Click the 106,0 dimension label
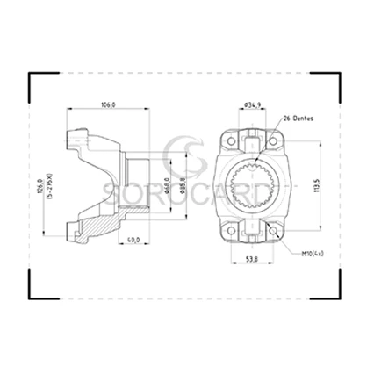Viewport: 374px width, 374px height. click(109, 104)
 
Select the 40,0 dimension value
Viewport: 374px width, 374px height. click(133, 239)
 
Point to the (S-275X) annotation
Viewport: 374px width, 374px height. click(50, 188)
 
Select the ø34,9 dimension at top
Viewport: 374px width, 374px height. click(252, 104)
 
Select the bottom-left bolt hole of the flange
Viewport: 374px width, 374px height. click(230, 232)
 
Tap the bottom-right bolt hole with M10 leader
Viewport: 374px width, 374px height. click(275, 232)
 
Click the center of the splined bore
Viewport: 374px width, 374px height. click(252, 186)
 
